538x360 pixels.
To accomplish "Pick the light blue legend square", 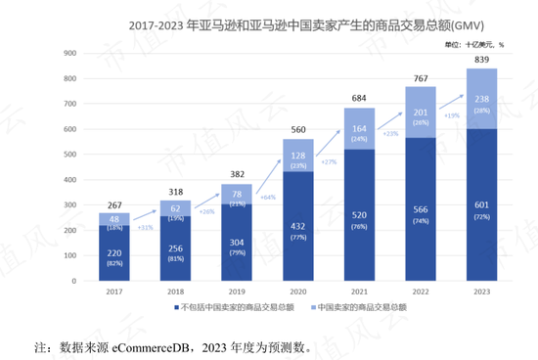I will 311,308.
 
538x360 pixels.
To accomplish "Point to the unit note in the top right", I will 472,44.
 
